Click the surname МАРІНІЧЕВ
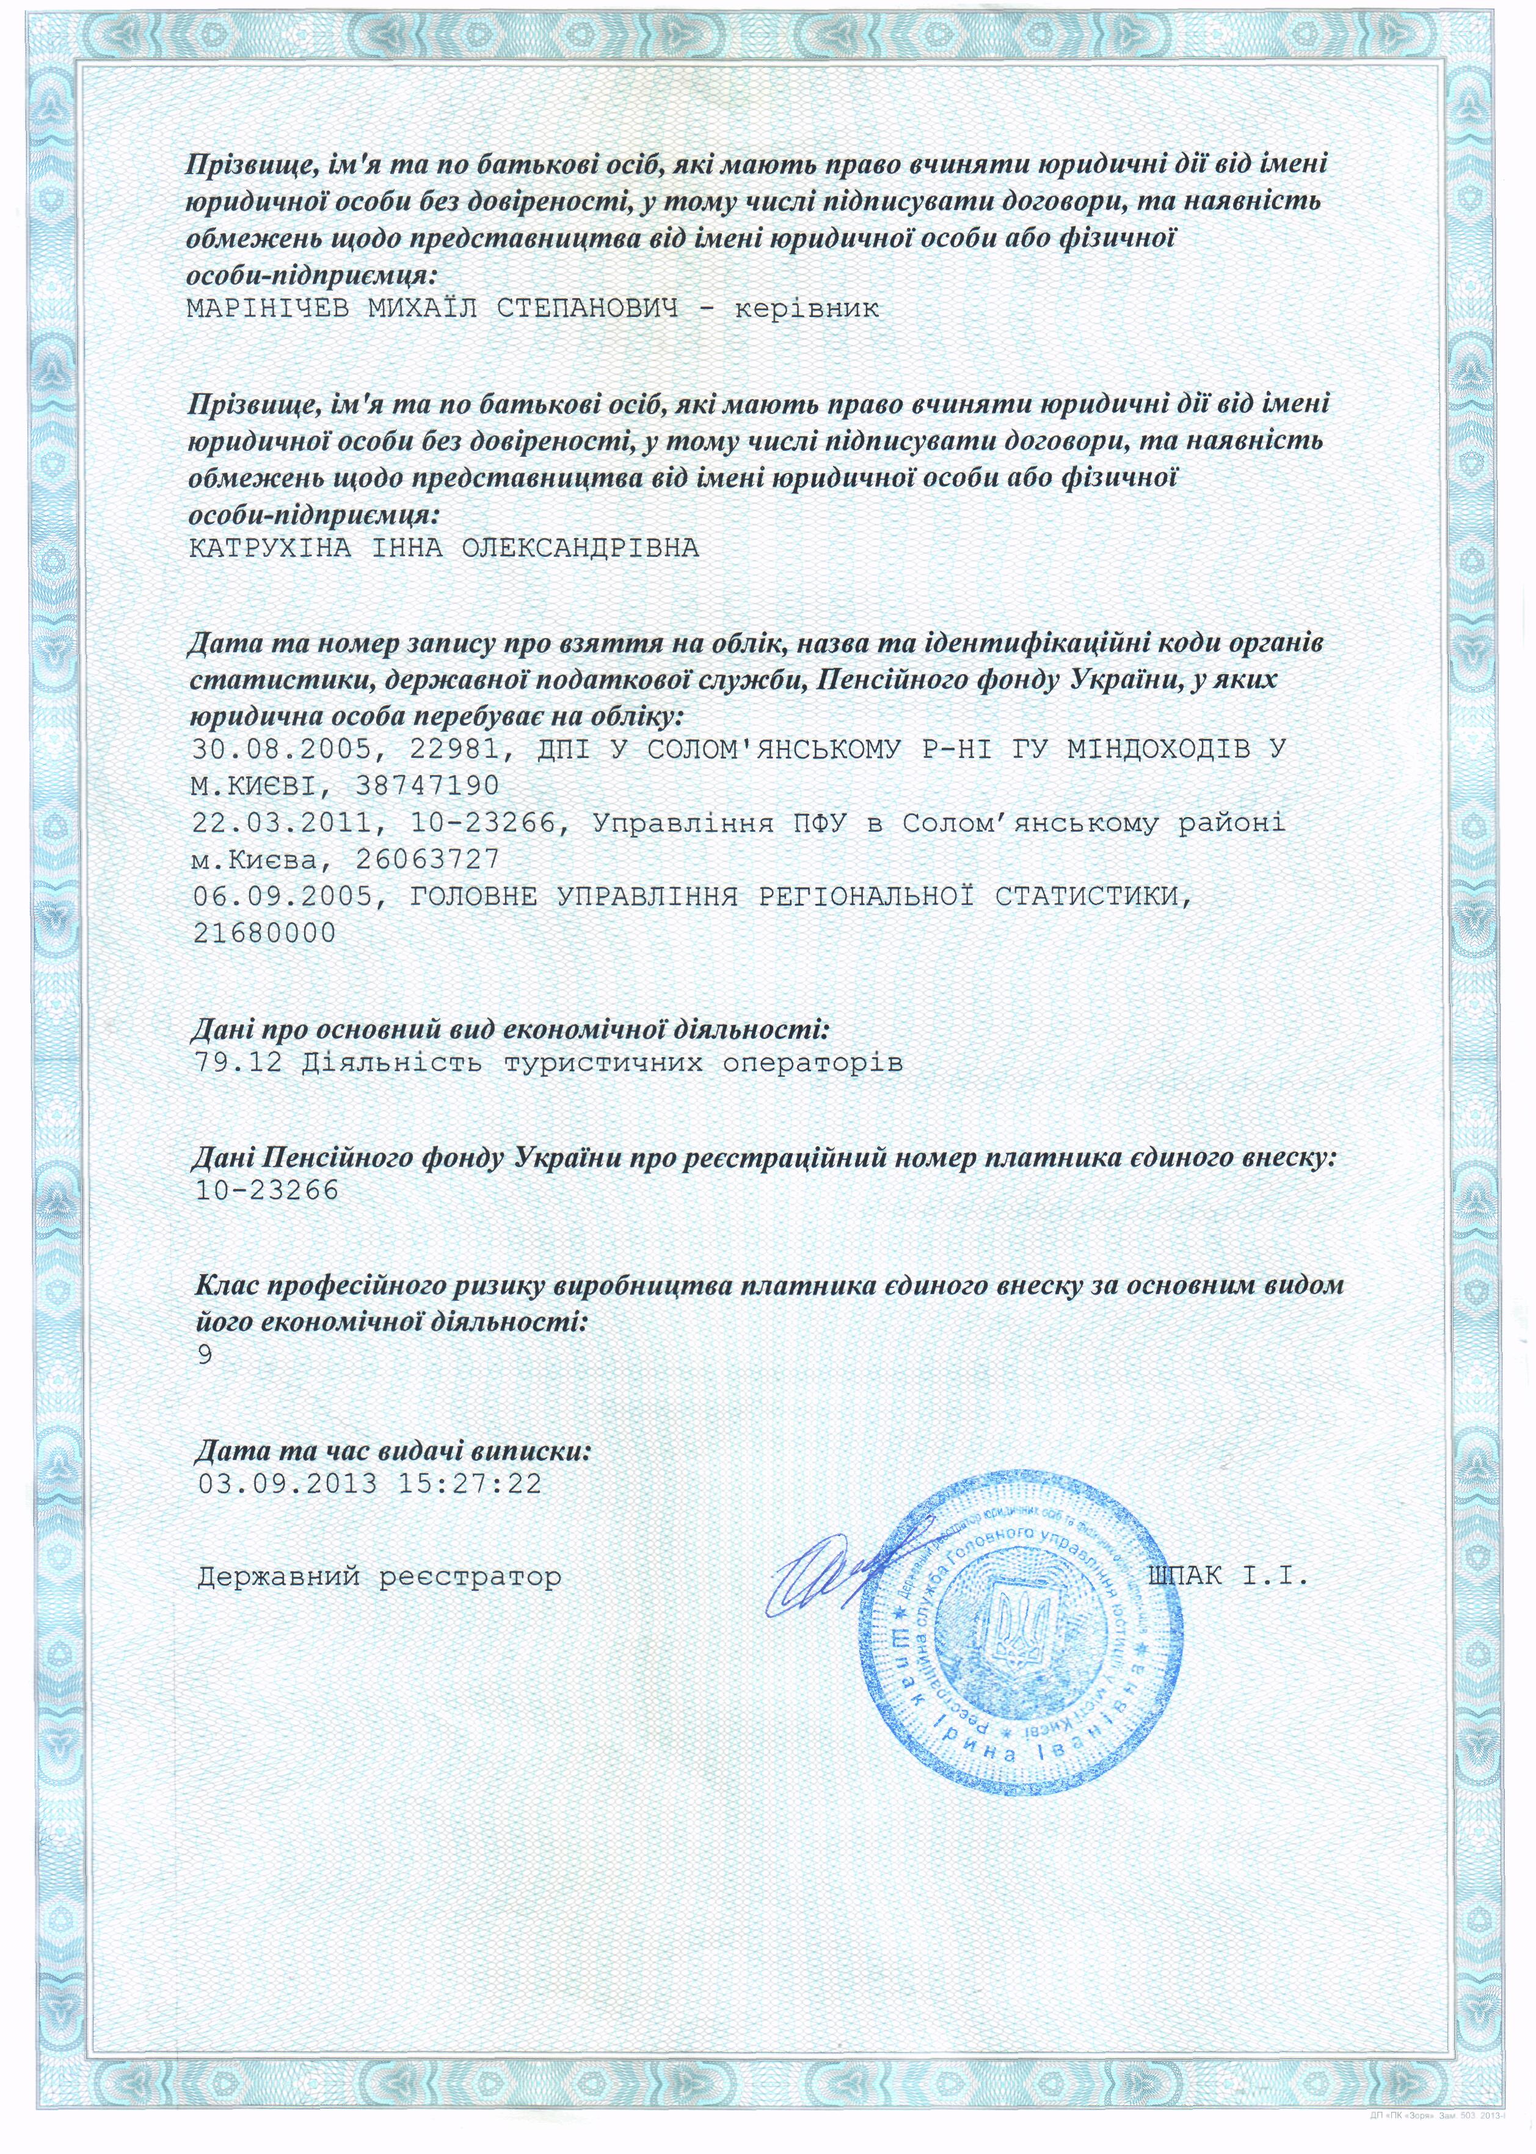coord(269,309)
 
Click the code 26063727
coord(426,859)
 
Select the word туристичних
coord(603,1063)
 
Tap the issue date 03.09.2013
coord(288,1483)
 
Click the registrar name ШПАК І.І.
coord(1228,1576)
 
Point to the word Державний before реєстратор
coord(279,1577)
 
